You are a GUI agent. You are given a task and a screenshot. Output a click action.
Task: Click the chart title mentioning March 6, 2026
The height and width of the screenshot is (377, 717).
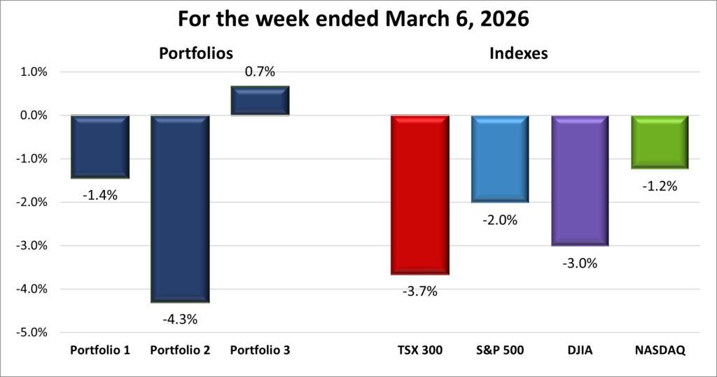coord(358,19)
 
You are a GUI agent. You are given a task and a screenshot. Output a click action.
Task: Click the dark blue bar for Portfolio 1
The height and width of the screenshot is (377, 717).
coord(99,146)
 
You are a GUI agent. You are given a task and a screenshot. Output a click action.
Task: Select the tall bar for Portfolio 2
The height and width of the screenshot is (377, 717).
coord(181,209)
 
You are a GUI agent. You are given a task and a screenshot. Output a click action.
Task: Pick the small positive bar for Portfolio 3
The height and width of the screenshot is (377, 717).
coord(260,100)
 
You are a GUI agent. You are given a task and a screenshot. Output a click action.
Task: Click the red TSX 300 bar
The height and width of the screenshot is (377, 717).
coord(420,195)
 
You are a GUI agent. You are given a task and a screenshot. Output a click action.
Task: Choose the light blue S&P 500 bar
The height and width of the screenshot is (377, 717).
coord(500,158)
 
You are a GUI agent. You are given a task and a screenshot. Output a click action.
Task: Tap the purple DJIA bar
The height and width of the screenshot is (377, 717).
coord(580,180)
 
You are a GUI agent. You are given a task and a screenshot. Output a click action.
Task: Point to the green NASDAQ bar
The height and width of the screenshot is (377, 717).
coord(660,142)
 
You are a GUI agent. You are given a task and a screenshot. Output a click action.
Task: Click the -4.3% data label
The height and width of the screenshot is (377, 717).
coord(181,320)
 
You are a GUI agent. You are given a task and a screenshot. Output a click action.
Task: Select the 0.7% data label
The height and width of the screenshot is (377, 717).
coord(260,71)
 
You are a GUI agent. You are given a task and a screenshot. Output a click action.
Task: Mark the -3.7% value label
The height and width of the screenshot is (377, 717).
coord(420,292)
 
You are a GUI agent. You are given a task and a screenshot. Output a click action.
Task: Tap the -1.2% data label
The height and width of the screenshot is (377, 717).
coord(660,186)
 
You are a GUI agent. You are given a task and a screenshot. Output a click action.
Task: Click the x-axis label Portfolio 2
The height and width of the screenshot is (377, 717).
coord(181,350)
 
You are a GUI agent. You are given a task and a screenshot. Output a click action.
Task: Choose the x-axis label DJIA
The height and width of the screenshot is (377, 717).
coord(580,350)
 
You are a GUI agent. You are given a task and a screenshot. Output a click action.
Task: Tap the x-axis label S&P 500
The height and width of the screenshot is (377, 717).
coord(500,350)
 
